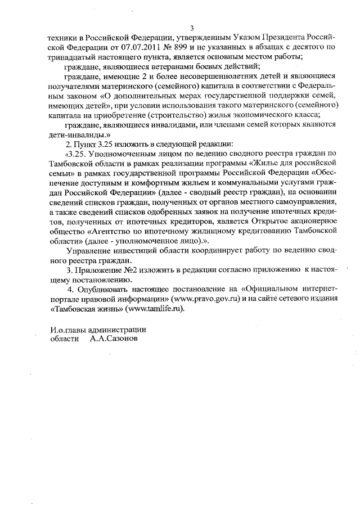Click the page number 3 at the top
(192, 28)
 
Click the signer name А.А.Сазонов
(112, 339)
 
